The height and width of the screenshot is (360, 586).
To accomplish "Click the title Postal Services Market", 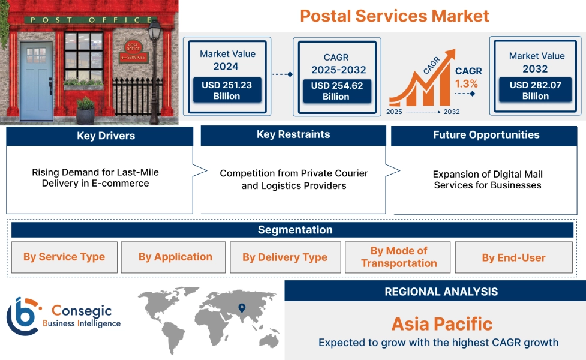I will [x=394, y=16].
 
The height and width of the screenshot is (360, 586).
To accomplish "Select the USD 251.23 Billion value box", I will [x=226, y=91].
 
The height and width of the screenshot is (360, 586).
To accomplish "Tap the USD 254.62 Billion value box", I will [x=335, y=91].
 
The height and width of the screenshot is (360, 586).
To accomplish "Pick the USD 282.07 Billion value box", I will [x=535, y=91].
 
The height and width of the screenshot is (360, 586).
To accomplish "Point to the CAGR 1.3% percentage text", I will [x=466, y=83].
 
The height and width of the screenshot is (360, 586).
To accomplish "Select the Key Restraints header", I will [x=293, y=134].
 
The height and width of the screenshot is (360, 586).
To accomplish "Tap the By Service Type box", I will [x=64, y=257].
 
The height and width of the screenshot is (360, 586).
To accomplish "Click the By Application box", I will [x=175, y=257].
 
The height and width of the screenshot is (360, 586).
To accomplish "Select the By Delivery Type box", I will [x=285, y=257].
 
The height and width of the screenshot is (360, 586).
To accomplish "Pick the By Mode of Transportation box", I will [x=399, y=257].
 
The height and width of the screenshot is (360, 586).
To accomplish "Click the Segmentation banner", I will [x=294, y=230].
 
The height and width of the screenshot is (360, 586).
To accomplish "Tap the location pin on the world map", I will [x=242, y=308].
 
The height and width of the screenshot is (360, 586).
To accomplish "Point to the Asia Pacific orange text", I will [x=441, y=324].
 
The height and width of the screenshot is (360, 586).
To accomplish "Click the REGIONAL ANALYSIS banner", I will [x=441, y=292].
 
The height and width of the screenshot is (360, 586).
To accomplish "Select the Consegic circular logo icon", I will [x=23, y=316].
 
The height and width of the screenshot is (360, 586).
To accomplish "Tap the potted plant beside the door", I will [x=85, y=110].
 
